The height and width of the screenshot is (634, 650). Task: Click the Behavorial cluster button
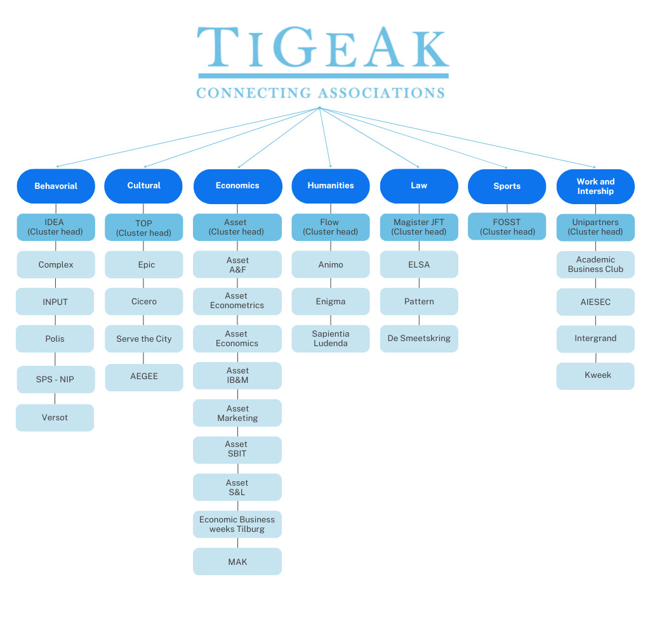[56, 186]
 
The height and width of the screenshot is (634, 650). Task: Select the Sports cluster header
[507, 186]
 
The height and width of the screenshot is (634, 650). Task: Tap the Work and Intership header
[595, 186]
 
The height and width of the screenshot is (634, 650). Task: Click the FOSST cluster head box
[507, 227]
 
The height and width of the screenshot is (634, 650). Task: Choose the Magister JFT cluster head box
[419, 227]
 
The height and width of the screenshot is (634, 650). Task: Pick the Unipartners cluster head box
[595, 227]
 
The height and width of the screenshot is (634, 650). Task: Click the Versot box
[55, 418]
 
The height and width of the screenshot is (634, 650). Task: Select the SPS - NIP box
[55, 379]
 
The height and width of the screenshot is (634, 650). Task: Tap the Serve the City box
[143, 339]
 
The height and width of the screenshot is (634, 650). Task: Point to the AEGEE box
[143, 377]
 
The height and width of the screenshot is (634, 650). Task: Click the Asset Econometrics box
[237, 301]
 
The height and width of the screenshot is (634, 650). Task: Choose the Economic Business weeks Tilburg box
[237, 524]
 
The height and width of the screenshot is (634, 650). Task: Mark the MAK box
[237, 562]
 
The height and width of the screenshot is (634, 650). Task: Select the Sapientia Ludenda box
[330, 339]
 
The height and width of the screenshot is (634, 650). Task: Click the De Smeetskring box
[419, 339]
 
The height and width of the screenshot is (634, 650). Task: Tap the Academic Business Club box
[595, 264]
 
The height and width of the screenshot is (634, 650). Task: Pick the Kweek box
[595, 375]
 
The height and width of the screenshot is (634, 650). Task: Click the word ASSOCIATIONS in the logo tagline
[381, 93]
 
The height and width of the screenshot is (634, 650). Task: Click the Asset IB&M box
[237, 375]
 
